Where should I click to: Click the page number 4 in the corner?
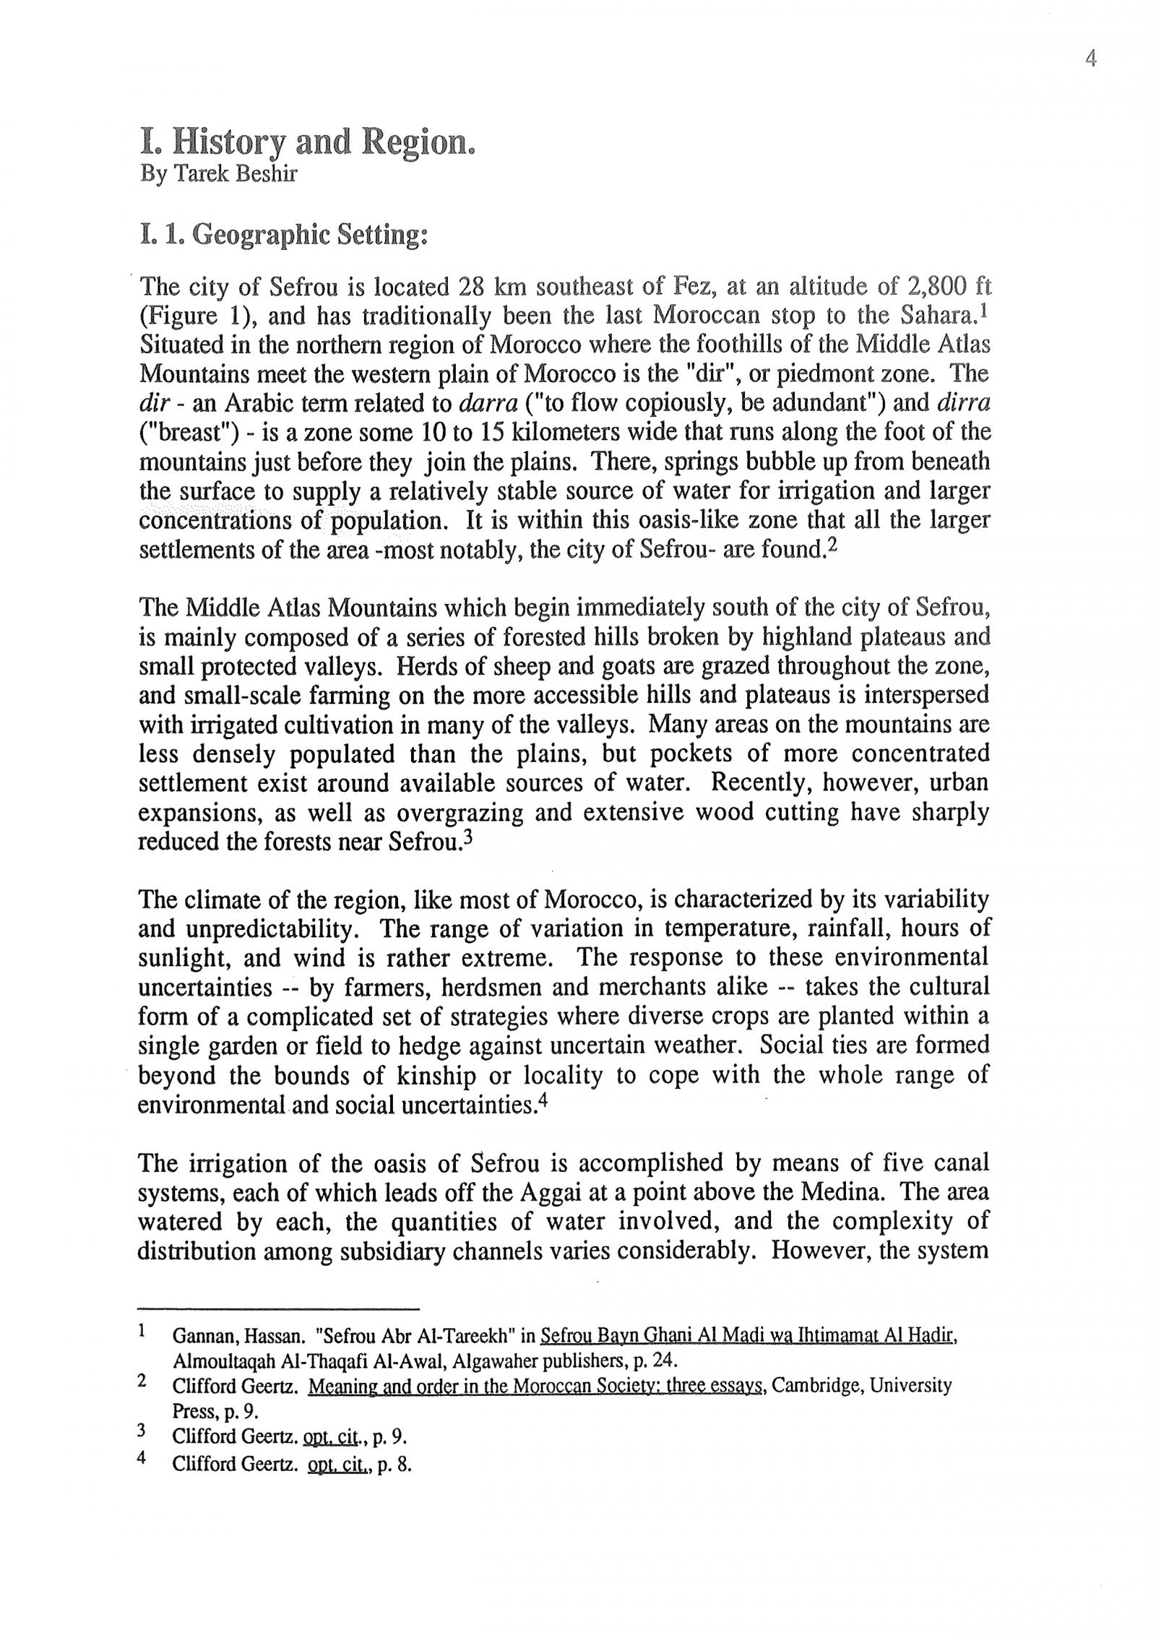(1091, 59)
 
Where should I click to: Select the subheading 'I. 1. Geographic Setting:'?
(283, 236)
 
